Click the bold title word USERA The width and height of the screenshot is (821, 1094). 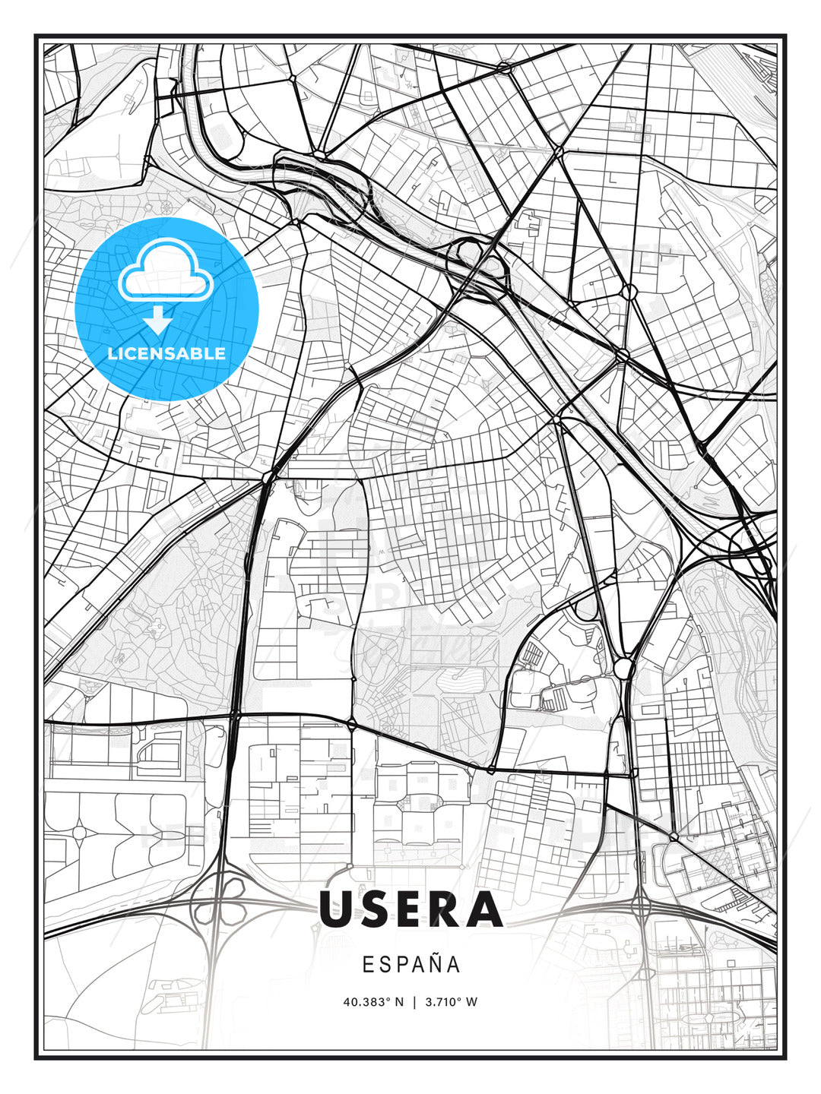[x=410, y=909]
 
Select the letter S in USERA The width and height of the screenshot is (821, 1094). [x=383, y=909]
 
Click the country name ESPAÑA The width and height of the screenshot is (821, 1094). [x=410, y=965]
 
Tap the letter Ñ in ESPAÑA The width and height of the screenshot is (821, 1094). [x=434, y=964]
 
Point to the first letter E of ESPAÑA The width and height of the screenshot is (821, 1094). [x=368, y=965]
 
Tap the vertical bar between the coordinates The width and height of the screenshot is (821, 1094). [x=414, y=1002]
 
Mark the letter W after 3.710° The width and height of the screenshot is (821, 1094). [x=472, y=1002]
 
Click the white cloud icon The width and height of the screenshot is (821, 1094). [x=163, y=271]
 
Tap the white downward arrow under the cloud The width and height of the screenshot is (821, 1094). [x=158, y=321]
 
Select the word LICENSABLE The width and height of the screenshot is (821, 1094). [x=166, y=353]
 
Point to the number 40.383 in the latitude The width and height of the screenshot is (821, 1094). [x=364, y=1002]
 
